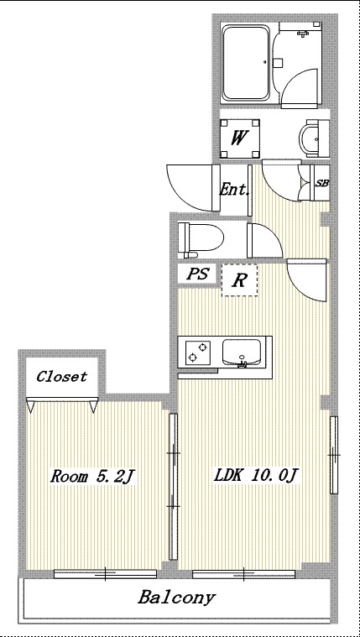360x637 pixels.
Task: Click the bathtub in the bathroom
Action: point(246,63)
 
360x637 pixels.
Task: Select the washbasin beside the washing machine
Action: point(311,139)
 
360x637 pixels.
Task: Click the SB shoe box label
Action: point(321,183)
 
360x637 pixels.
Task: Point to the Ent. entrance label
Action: point(234,190)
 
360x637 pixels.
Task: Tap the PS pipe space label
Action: point(197,274)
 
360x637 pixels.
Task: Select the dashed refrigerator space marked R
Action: point(239,280)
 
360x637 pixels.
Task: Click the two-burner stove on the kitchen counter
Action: point(198,352)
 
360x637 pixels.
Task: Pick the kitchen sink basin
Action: point(242,352)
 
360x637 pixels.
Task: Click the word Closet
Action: point(62,377)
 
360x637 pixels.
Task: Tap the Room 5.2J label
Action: point(92,476)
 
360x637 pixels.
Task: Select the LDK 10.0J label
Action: point(257,476)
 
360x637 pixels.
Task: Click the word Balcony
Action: point(176,598)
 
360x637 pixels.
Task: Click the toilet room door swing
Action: point(265,241)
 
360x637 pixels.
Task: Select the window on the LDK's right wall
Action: point(334,455)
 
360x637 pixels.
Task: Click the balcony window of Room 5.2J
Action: point(105,573)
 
